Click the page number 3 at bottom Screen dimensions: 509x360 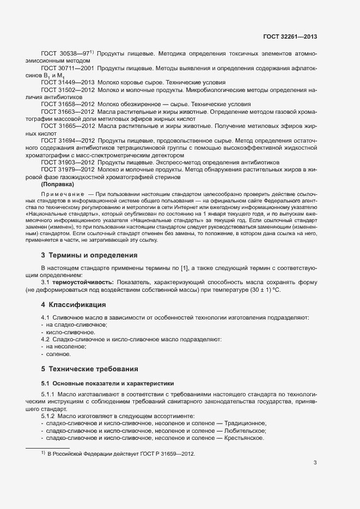pos(315,463)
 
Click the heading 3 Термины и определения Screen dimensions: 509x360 pos(89,255)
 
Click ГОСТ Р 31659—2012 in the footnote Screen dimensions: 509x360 pos(166,453)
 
